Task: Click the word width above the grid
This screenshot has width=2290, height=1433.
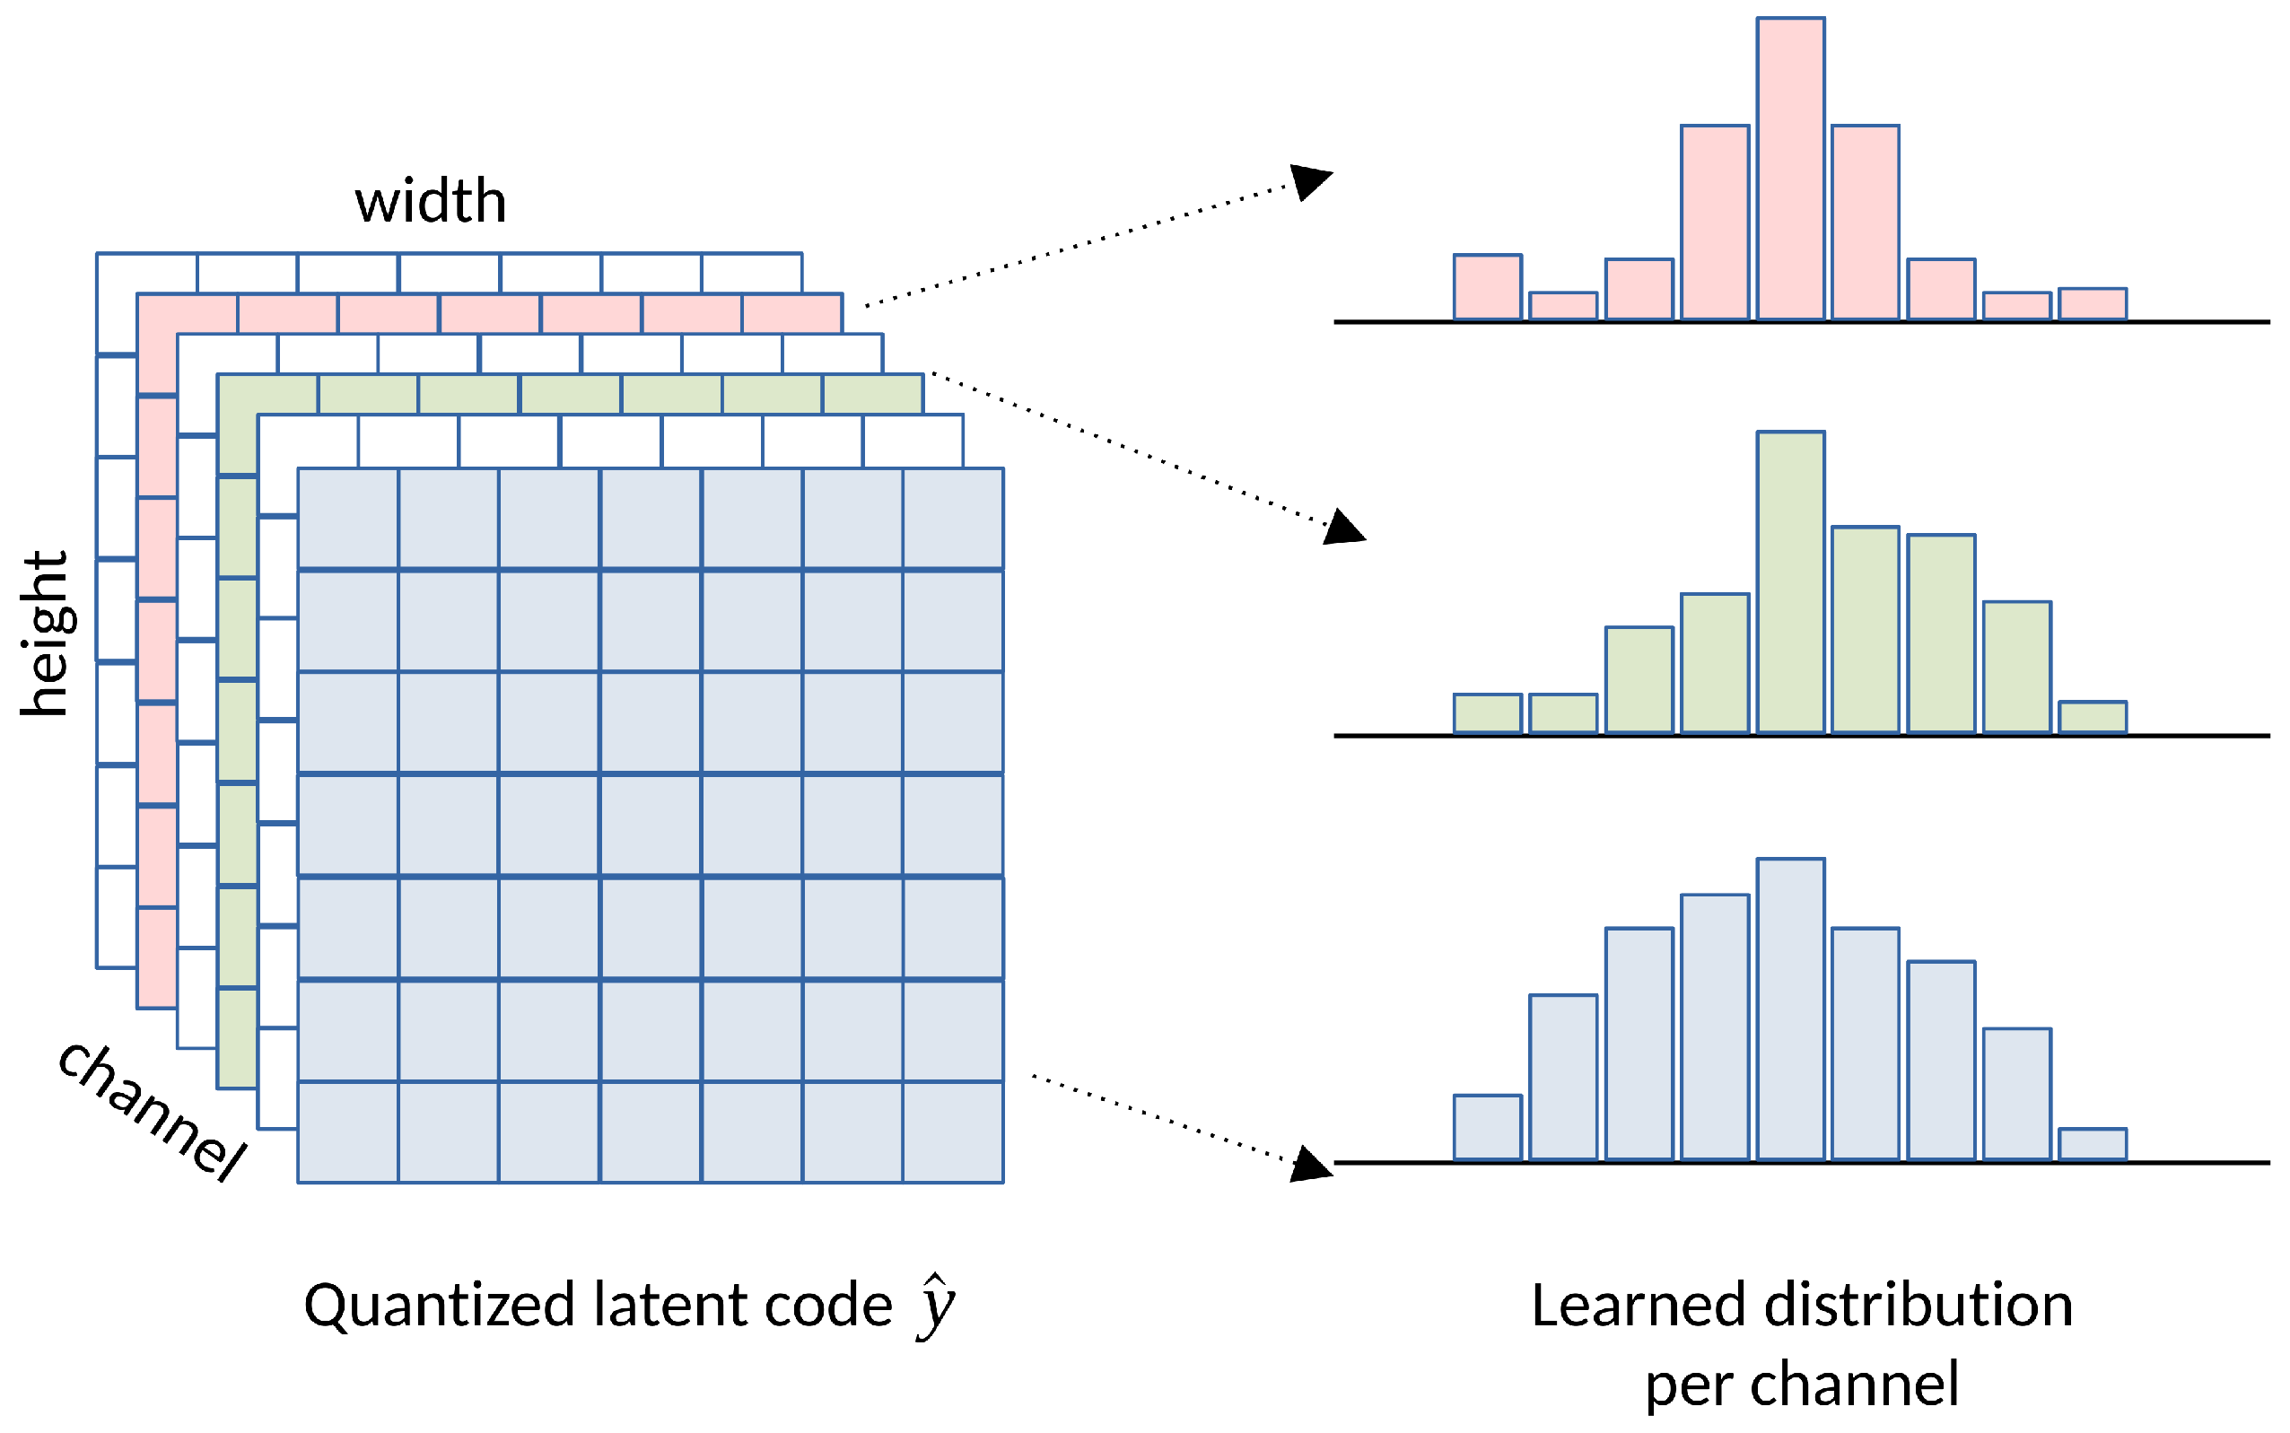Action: (x=431, y=201)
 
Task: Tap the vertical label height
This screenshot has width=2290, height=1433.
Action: (x=45, y=633)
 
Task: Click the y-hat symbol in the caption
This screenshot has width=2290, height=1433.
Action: (x=936, y=1306)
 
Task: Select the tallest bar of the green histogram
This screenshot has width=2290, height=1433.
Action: (x=1789, y=582)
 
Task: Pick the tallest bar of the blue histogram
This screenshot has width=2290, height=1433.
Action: (x=1789, y=1009)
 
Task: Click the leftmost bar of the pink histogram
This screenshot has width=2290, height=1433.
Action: (x=1487, y=287)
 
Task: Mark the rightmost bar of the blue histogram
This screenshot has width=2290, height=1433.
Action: (x=2092, y=1144)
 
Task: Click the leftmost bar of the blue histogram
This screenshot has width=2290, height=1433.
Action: (x=1487, y=1127)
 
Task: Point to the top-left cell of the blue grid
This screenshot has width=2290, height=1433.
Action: (x=348, y=519)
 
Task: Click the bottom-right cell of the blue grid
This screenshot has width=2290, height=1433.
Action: (x=952, y=1132)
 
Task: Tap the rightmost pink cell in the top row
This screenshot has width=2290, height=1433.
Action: (x=791, y=314)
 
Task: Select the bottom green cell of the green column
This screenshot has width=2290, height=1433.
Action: (x=237, y=1038)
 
